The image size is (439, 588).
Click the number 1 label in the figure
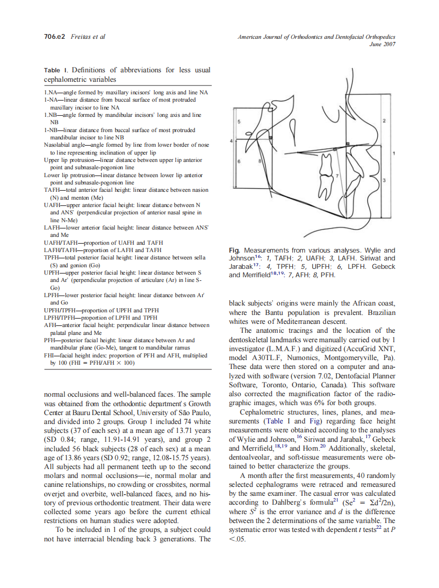(393, 153)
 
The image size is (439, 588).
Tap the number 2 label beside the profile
(384, 121)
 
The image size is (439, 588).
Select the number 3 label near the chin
(384, 180)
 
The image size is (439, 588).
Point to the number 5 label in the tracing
(239, 121)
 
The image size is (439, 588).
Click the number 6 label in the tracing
(239, 161)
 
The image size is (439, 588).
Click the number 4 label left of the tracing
(232, 141)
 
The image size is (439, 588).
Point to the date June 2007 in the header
(382, 44)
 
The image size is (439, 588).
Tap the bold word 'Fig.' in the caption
(235, 251)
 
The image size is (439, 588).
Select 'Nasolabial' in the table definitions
(58, 144)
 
